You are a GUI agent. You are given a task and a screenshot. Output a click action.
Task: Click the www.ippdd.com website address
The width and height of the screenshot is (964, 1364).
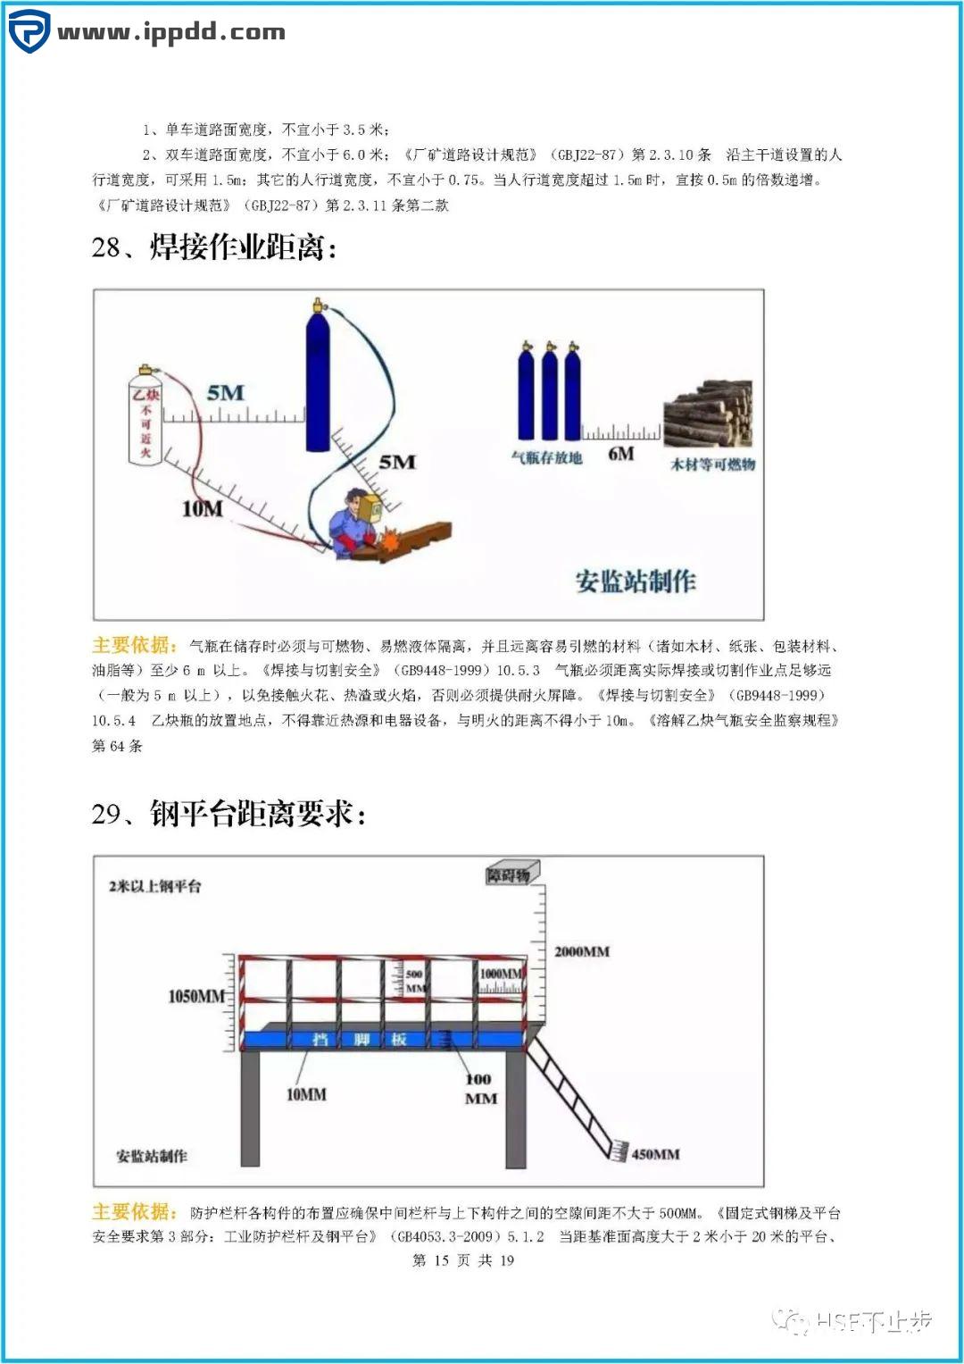coord(171,33)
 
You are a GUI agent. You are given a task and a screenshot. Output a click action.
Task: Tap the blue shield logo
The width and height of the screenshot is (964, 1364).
coord(29,31)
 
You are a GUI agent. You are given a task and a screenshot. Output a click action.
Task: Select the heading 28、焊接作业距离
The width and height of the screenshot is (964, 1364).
coord(214,247)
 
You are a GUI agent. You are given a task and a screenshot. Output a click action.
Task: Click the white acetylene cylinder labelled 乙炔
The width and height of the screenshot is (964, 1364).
coord(145,416)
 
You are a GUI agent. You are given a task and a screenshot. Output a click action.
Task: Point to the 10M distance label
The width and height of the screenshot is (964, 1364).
coord(203,509)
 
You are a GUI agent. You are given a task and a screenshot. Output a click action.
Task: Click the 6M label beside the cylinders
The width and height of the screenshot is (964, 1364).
coord(621,454)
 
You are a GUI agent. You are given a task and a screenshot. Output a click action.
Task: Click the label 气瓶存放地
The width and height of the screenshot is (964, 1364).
coord(546,458)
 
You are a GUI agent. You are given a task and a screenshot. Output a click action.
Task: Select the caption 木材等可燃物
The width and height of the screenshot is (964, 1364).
coord(712,464)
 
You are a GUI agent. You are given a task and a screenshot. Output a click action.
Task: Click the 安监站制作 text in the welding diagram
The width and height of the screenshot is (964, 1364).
coord(636,582)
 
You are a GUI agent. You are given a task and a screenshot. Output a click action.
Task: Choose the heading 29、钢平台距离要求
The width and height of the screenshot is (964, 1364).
coord(229,814)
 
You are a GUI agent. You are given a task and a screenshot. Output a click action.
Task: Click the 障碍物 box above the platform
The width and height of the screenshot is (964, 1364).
coord(508,875)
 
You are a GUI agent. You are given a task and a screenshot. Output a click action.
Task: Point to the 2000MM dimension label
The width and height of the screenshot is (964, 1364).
coord(582,952)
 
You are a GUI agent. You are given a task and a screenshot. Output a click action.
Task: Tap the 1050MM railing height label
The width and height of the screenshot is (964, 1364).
coord(196,996)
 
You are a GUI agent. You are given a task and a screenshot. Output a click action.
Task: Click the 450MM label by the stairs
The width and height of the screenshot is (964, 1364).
coord(655,1154)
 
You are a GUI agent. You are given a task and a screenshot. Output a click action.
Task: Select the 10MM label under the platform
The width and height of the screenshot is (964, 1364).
coord(306,1094)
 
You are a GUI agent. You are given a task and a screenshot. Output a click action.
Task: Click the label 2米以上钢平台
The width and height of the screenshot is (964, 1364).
coord(155,886)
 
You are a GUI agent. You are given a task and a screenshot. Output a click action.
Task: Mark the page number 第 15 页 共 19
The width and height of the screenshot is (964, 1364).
coord(463,1260)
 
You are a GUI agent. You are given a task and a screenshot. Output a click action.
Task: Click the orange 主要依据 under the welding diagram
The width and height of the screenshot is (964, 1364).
coord(135,645)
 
